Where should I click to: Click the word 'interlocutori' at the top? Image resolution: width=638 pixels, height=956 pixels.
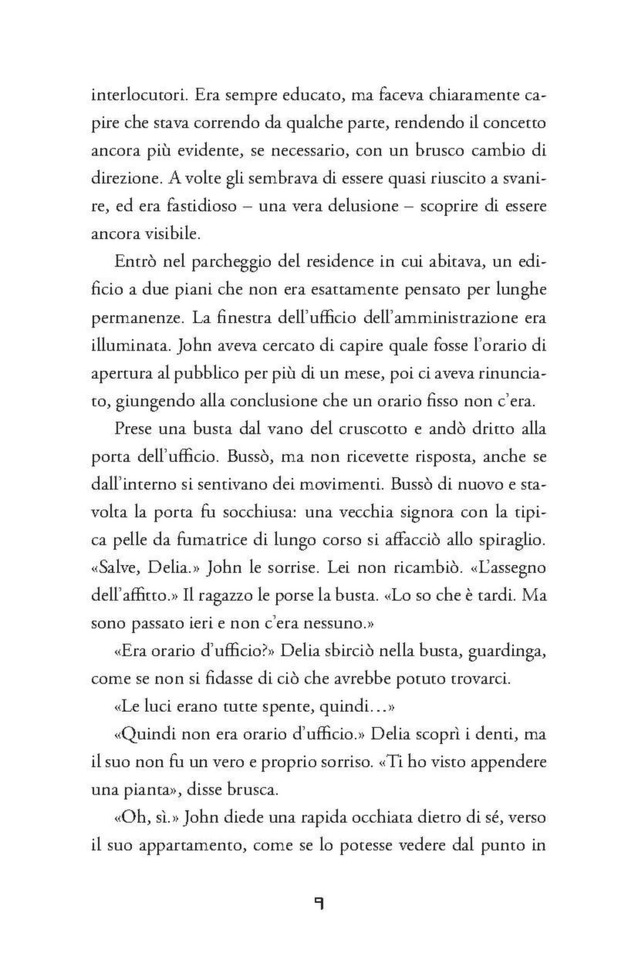(138, 96)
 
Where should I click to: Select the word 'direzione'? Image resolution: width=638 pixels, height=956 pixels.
(127, 179)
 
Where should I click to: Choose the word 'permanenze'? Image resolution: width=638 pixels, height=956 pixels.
(137, 318)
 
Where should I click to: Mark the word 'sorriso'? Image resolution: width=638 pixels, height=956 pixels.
(348, 762)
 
